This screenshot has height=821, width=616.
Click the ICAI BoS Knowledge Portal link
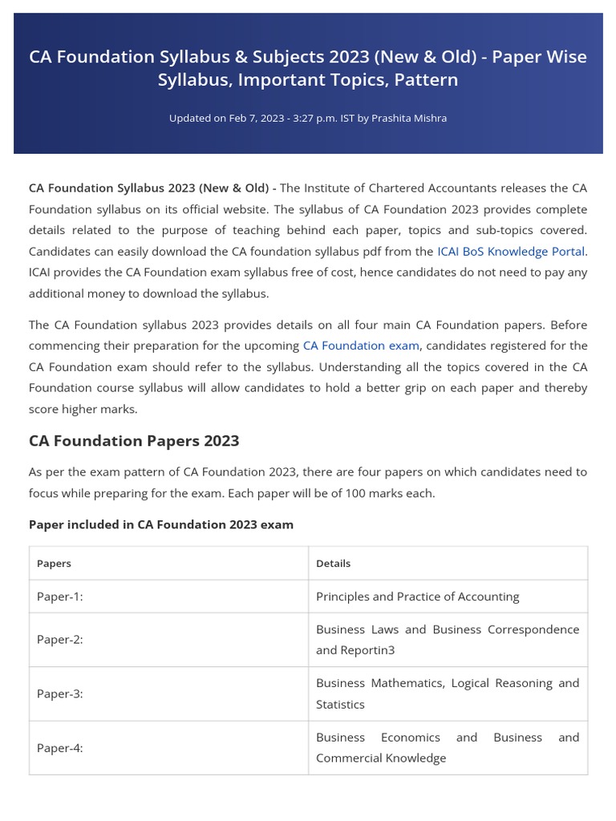click(511, 251)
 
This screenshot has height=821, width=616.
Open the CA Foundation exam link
click(360, 346)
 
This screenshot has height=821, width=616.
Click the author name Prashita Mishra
click(409, 118)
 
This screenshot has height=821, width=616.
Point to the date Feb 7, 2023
click(256, 118)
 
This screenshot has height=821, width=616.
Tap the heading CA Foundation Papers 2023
click(134, 441)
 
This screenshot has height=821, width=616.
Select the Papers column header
click(54, 564)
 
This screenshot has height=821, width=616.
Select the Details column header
click(333, 564)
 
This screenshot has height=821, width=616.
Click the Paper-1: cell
click(60, 597)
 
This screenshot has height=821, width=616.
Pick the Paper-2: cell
click(60, 640)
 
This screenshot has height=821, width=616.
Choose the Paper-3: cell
click(60, 694)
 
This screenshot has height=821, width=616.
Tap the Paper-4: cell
click(60, 747)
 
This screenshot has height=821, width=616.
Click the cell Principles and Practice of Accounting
click(417, 597)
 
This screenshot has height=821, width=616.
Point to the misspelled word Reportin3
click(368, 650)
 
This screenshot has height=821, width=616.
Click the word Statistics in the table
click(340, 704)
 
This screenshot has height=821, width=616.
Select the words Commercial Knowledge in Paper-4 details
click(381, 758)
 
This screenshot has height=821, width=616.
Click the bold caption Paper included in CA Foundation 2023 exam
click(161, 524)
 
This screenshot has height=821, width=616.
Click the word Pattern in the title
click(426, 80)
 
